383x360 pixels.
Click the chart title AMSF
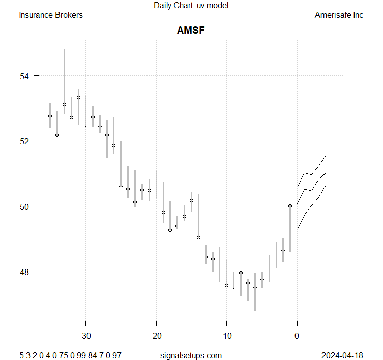(191, 31)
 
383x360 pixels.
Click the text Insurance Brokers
(51, 15)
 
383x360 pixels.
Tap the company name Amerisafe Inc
(339, 15)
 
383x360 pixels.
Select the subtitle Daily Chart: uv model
(191, 6)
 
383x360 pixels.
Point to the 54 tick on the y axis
(25, 76)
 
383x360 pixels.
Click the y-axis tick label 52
(25, 141)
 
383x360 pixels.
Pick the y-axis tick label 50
(25, 206)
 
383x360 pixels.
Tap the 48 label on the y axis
(25, 272)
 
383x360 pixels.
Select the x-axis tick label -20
(156, 336)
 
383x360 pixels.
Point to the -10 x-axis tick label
(226, 336)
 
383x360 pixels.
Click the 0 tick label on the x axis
(297, 336)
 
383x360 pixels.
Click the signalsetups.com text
(191, 355)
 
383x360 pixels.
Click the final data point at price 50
(290, 206)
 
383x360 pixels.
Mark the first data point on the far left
(50, 116)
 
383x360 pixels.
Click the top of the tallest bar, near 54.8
(64, 50)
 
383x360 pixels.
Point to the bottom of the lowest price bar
(255, 310)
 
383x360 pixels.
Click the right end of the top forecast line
(326, 156)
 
